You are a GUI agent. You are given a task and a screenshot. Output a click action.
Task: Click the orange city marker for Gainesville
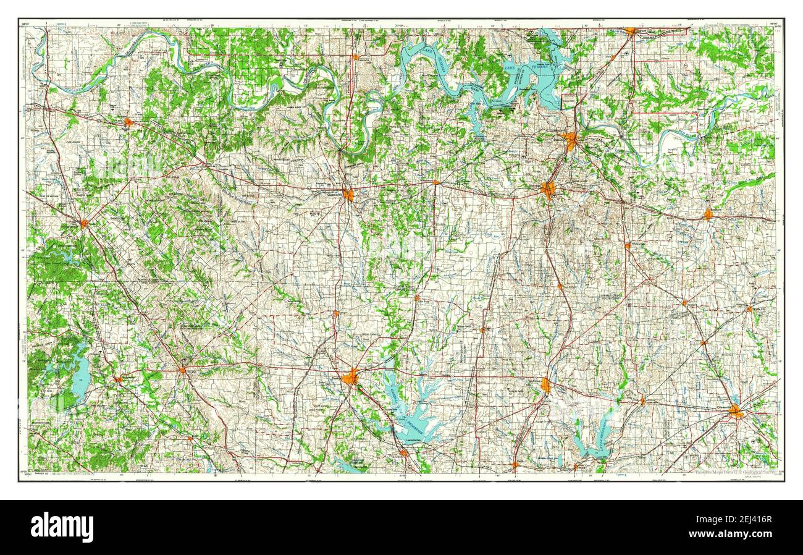coord(348,195)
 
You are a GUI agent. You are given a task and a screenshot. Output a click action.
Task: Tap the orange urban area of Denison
coord(570,140)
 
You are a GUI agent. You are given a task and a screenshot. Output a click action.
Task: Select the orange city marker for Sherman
coord(548,189)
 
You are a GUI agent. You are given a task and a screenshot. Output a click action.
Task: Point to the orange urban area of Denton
coord(350,376)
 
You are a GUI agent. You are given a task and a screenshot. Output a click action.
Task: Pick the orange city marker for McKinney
coord(545,386)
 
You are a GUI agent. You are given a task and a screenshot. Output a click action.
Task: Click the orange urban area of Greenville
coord(735,411)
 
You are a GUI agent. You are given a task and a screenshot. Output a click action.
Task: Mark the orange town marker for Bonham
coord(708,214)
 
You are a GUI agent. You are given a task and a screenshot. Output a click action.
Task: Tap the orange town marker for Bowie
coord(83,223)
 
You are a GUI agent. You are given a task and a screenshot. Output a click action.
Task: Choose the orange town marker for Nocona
coord(128,122)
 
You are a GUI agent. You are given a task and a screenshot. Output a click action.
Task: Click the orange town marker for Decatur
coord(182,370)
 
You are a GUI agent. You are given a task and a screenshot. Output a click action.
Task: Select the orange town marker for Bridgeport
coord(117,379)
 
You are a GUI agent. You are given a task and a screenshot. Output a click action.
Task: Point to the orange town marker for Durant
coord(630,30)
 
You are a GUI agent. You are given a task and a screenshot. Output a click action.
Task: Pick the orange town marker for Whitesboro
coord(435,182)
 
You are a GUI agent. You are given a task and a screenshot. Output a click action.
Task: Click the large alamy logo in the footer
coord(62,527)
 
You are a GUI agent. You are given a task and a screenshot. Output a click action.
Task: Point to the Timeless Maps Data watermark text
coord(735,472)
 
